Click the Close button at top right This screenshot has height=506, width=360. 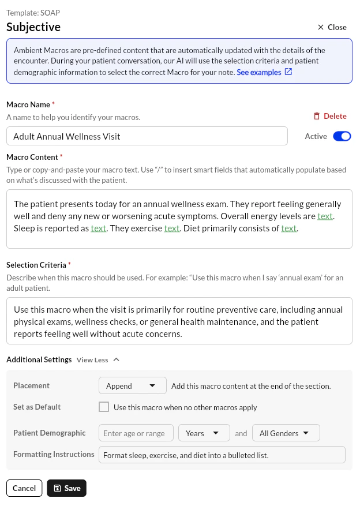click(332, 27)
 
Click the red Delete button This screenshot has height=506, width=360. click(330, 116)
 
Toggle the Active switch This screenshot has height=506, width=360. click(342, 136)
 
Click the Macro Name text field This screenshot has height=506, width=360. click(147, 136)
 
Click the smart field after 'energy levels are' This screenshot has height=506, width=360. click(325, 216)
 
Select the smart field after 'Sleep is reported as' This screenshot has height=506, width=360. click(99, 228)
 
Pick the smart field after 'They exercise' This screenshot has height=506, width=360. click(172, 228)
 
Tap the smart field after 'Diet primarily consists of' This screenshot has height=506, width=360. click(289, 228)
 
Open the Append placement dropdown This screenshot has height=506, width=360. click(132, 385)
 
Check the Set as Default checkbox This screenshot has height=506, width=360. click(104, 407)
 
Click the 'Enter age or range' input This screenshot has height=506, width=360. click(136, 433)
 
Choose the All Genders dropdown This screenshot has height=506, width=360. click(286, 433)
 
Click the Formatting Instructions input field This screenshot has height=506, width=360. click(222, 455)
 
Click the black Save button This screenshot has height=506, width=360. click(66, 488)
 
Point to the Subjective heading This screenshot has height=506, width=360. click(33, 27)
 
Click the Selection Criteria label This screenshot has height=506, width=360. click(36, 265)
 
